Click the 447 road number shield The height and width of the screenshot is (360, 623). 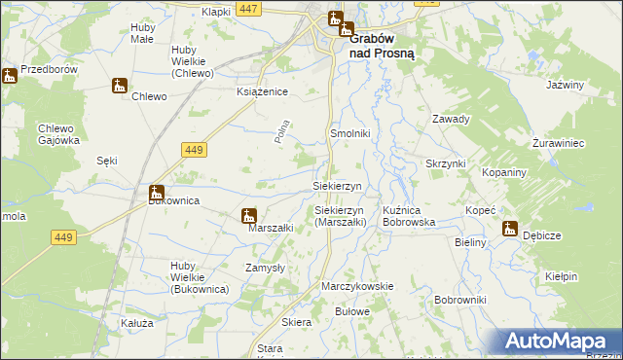tap(248, 9)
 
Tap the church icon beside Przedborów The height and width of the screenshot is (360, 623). tap(10, 75)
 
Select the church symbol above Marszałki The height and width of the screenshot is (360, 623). tap(249, 216)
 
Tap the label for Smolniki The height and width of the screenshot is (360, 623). tap(350, 132)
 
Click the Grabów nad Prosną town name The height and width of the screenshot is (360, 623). tap(382, 47)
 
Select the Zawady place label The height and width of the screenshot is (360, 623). tap(451, 120)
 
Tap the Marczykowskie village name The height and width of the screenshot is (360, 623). tap(357, 286)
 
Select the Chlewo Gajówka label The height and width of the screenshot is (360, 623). tap(58, 134)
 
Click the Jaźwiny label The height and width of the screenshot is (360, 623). tap(565, 85)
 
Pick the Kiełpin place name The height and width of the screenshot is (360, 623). tap(562, 276)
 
